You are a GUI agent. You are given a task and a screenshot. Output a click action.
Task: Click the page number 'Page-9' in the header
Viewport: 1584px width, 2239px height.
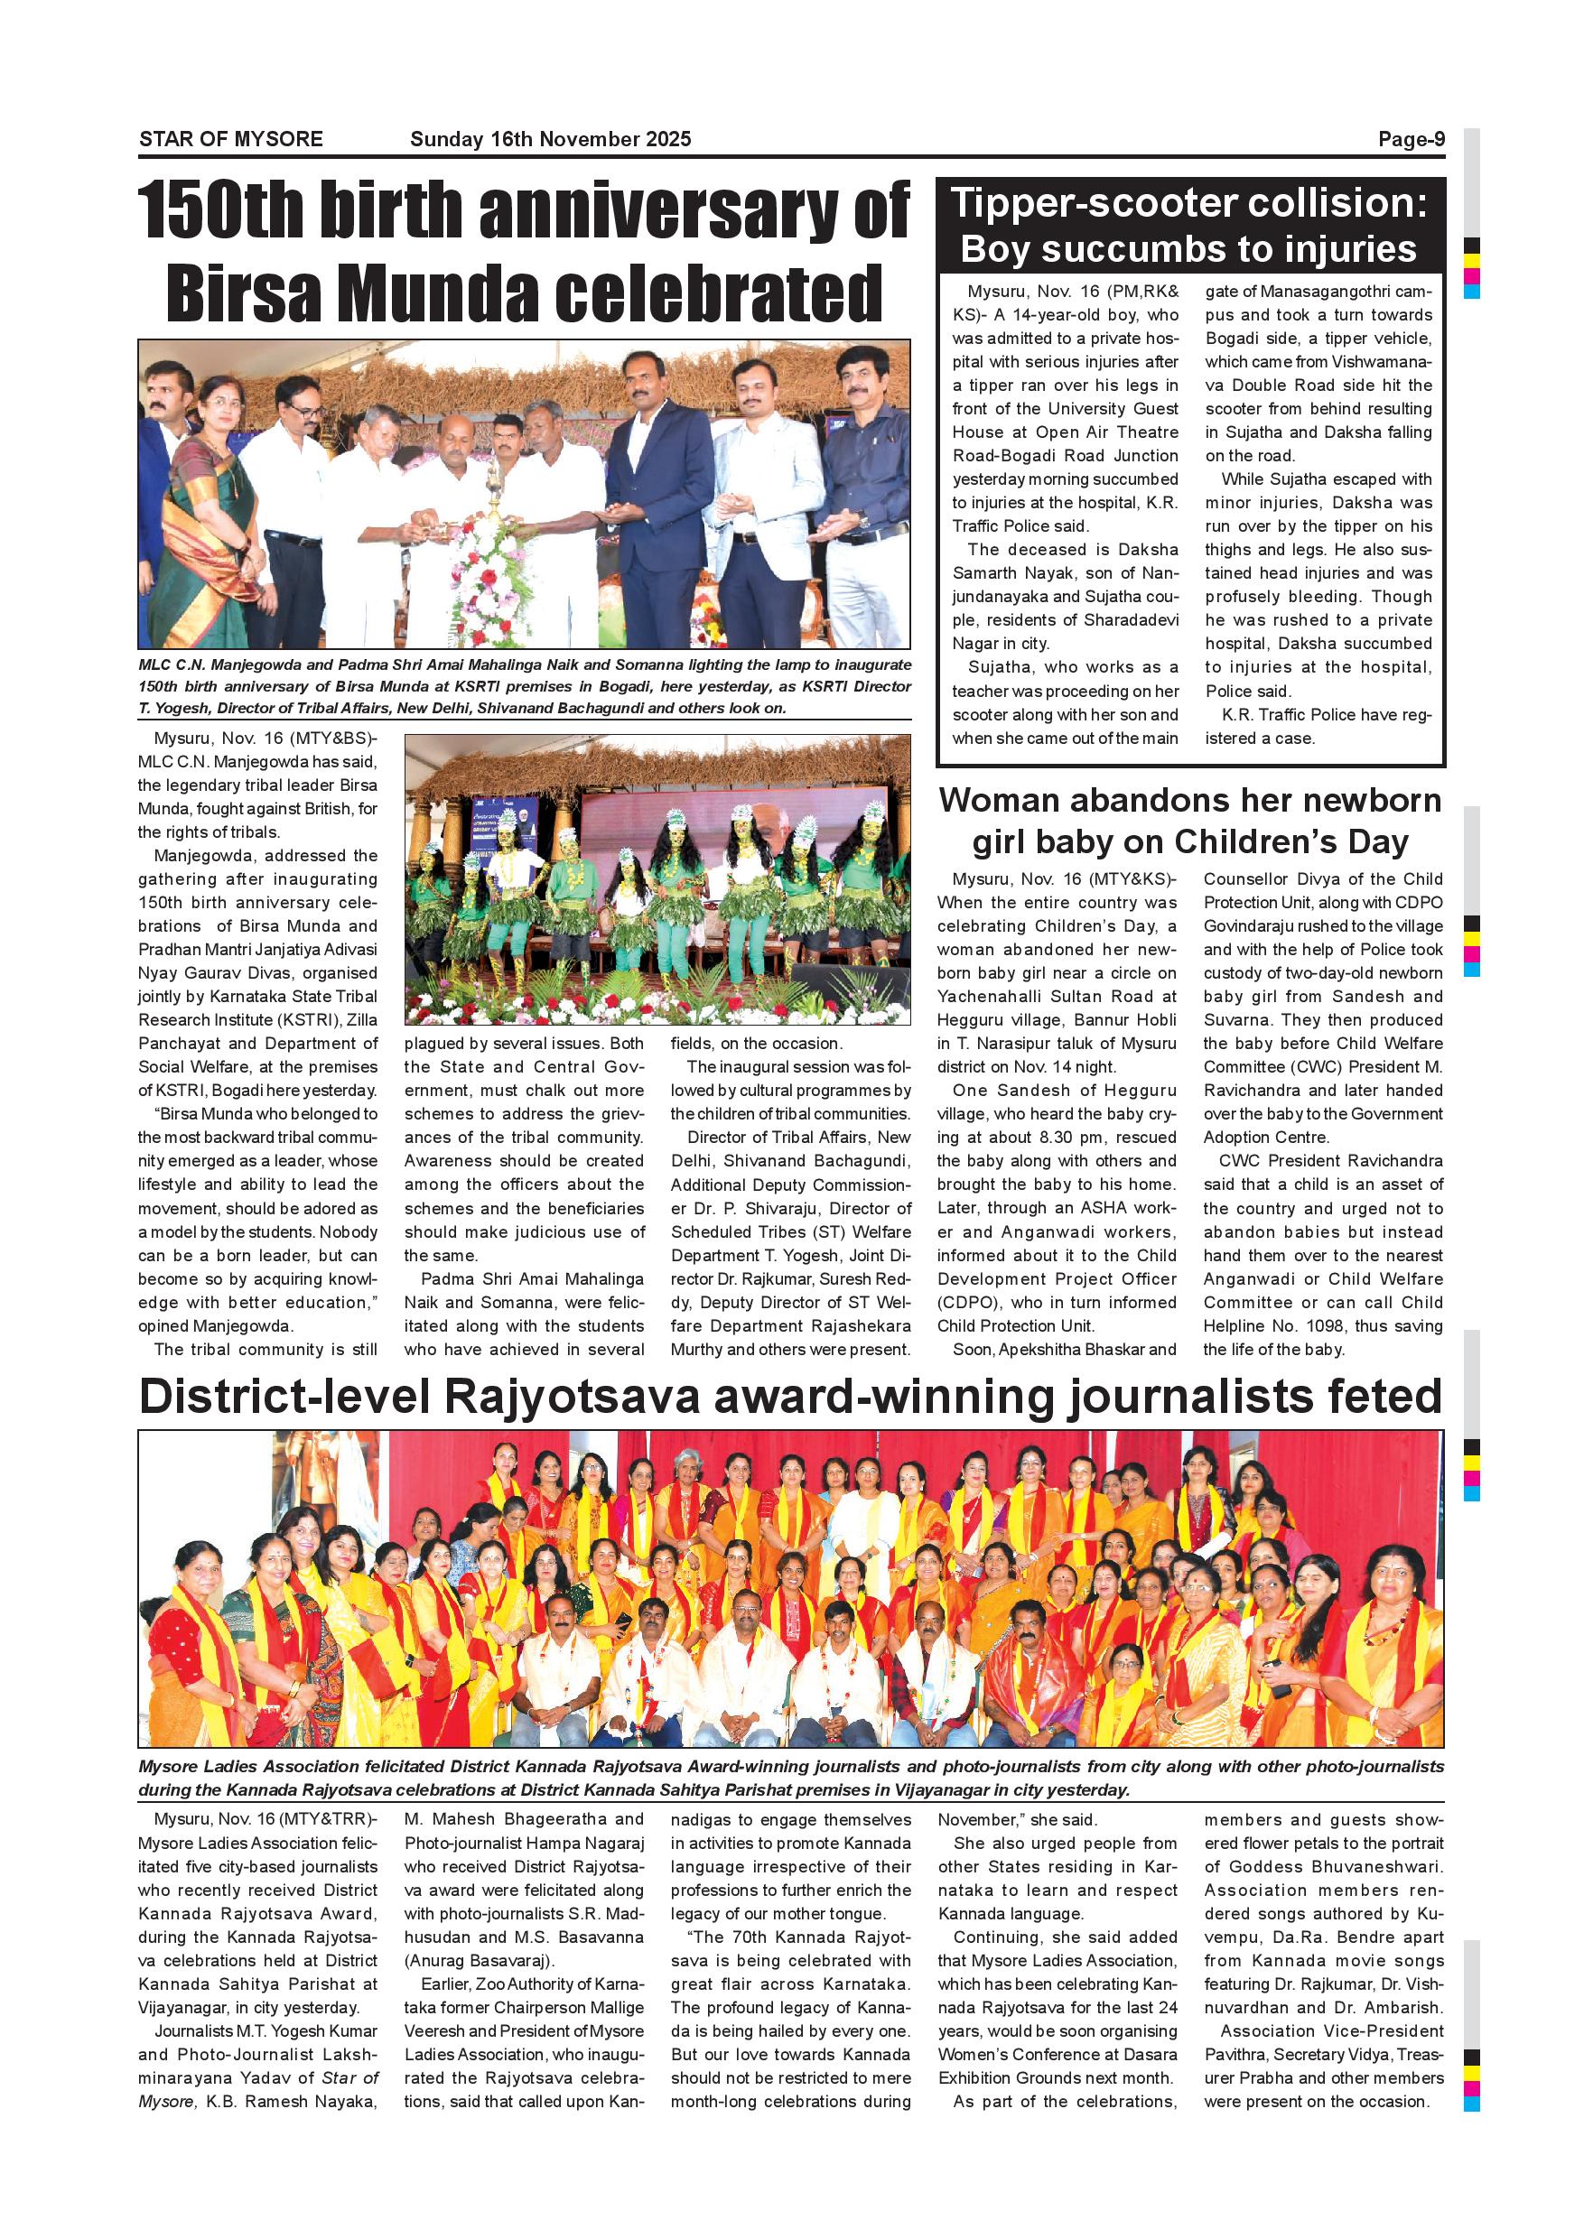pyautogui.click(x=1411, y=138)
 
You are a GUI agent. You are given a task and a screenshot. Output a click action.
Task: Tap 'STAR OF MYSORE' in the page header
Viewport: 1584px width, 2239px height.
pyautogui.click(x=230, y=138)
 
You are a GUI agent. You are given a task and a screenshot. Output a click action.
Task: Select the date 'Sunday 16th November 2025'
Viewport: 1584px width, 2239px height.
pyautogui.click(x=550, y=138)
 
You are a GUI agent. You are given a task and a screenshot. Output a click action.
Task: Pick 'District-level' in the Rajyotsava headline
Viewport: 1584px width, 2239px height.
pyautogui.click(x=284, y=1397)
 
